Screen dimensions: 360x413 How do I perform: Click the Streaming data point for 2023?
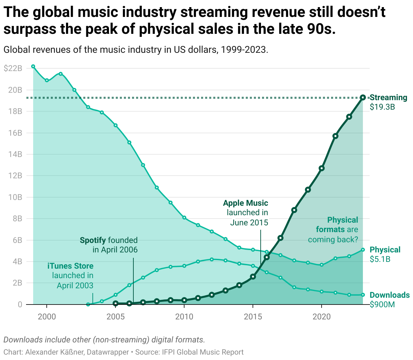coord(363,97)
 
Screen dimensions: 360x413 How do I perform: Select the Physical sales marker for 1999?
coord(33,66)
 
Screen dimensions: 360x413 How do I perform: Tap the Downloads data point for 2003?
coord(88,305)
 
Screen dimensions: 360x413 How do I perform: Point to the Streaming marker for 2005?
coord(115,303)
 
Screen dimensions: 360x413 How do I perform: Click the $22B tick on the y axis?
coord(13,68)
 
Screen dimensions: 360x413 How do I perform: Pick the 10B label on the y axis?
coord(15,197)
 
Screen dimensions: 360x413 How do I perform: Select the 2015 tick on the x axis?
coord(253,317)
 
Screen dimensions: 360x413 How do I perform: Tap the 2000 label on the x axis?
coord(47,317)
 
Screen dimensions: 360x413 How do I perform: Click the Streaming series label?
coord(388,97)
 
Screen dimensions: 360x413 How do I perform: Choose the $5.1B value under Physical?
coord(380,259)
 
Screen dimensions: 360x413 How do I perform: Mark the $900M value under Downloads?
coord(382,305)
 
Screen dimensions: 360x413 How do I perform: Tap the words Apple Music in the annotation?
coord(245,203)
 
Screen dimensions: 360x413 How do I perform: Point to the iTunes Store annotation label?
coord(70,266)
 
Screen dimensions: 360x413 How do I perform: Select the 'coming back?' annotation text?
coord(333,240)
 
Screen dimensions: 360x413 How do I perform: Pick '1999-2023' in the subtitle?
coord(244,50)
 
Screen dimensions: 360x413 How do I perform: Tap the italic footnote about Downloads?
coord(104,339)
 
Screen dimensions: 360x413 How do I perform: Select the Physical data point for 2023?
coord(363,250)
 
